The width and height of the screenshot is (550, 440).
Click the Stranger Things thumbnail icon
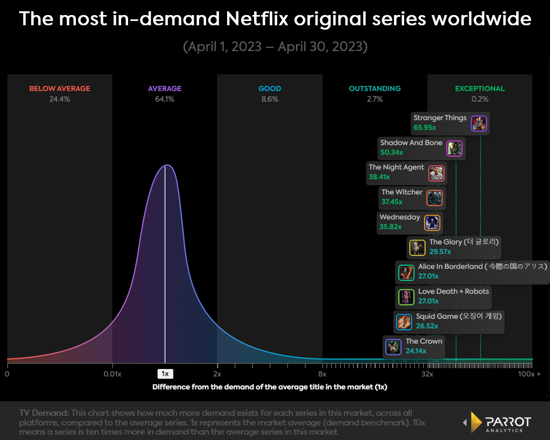[x=478, y=124]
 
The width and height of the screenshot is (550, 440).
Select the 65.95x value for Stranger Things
[x=425, y=128]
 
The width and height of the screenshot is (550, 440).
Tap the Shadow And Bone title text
[x=411, y=143]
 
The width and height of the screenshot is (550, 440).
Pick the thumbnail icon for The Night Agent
[x=436, y=174]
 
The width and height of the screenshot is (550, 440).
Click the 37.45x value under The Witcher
[x=392, y=202]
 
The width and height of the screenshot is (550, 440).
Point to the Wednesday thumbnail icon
[x=432, y=223]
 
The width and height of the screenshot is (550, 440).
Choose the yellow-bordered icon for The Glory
[x=418, y=247]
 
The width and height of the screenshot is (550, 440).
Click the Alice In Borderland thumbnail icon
[x=406, y=272]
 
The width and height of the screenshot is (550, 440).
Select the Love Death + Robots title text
[x=453, y=291]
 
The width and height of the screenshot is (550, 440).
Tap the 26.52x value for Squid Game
[x=427, y=326]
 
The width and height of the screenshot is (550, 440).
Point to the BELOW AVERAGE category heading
[x=60, y=89]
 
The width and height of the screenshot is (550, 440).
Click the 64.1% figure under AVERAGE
[x=165, y=99]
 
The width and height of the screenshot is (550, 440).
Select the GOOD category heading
[x=270, y=89]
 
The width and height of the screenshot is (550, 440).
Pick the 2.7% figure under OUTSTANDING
[x=375, y=99]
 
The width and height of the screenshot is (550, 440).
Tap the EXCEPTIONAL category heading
[x=480, y=89]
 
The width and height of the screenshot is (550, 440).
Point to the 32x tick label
[x=427, y=374]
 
